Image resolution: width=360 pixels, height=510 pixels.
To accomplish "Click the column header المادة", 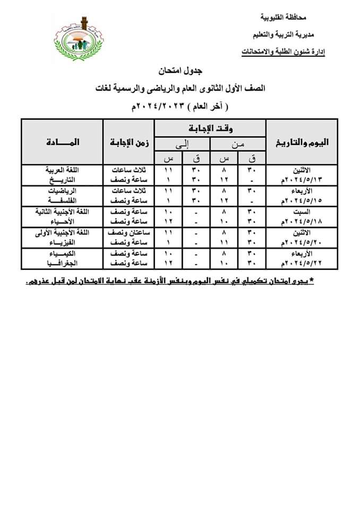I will point(62,142).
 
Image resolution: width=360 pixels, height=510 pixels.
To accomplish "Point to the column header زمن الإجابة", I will point(129,142).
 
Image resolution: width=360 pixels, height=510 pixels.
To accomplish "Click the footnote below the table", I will point(169,280).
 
